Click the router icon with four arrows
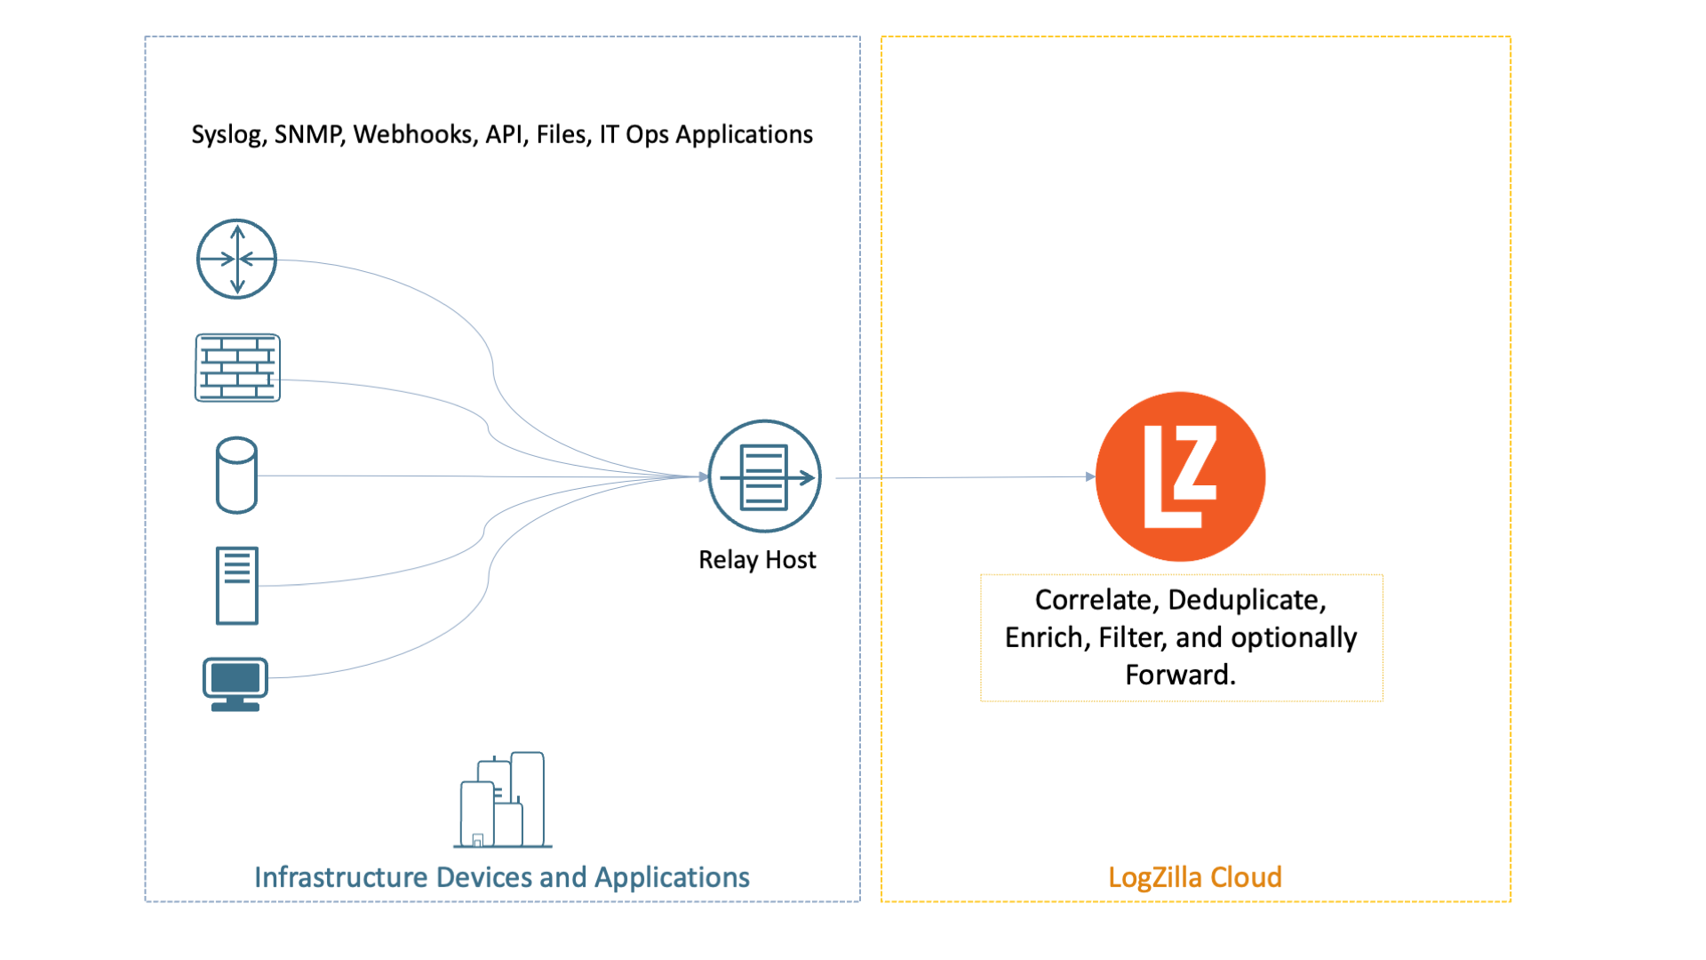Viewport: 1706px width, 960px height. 236,259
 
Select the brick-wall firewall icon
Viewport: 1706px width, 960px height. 237,368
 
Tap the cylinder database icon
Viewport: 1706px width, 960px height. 236,476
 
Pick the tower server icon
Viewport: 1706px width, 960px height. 236,586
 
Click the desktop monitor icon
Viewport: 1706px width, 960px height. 235,684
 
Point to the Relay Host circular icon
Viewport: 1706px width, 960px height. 764,476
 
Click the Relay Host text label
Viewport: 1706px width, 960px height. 757,560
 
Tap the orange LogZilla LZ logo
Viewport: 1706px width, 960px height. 1180,476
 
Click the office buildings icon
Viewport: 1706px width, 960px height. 503,800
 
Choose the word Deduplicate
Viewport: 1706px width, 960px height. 1246,600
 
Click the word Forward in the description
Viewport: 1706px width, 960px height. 1178,676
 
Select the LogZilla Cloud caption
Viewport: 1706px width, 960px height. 1194,877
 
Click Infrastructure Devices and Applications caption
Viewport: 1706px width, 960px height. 502,877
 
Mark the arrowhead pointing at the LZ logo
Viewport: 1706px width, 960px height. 1090,476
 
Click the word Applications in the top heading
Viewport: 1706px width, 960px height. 744,134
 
